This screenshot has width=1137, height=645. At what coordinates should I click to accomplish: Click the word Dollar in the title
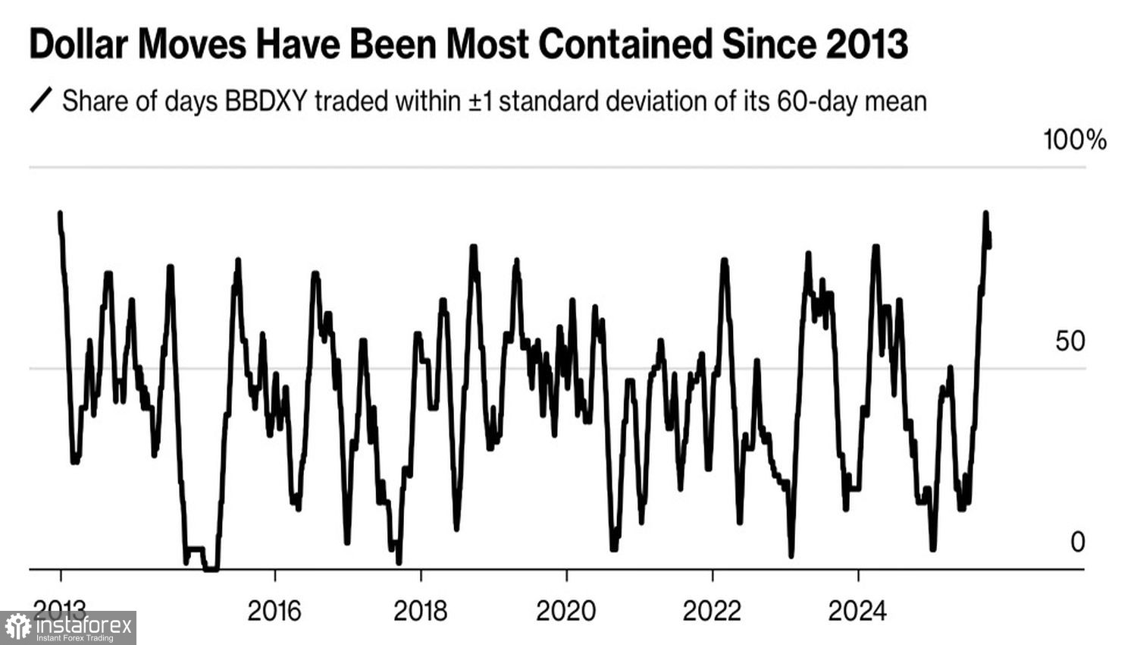click(x=78, y=44)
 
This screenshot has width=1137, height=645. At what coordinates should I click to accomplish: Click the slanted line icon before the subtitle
click(x=41, y=100)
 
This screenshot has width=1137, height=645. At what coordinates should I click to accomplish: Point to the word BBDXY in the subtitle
click(x=266, y=101)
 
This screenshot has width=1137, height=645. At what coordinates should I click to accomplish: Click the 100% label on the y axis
click(x=1075, y=140)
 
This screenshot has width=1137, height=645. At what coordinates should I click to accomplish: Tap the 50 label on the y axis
click(x=1070, y=341)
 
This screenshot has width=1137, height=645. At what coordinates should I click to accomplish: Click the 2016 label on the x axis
click(x=274, y=611)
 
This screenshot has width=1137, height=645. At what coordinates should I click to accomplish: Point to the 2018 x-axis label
click(x=421, y=611)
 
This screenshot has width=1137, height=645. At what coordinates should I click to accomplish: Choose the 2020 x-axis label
click(x=566, y=611)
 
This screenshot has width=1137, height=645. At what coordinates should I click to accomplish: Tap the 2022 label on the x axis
click(x=712, y=611)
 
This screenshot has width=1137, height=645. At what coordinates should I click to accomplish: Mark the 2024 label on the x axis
click(x=857, y=611)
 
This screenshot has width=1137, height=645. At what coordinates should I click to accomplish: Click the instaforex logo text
click(x=83, y=626)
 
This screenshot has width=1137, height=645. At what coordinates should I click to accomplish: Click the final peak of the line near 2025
click(x=986, y=213)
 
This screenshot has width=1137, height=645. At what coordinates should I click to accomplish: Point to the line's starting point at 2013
click(x=60, y=213)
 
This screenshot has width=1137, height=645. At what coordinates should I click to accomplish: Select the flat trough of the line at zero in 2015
click(x=211, y=568)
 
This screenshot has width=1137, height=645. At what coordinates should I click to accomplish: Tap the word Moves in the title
click(x=193, y=44)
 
